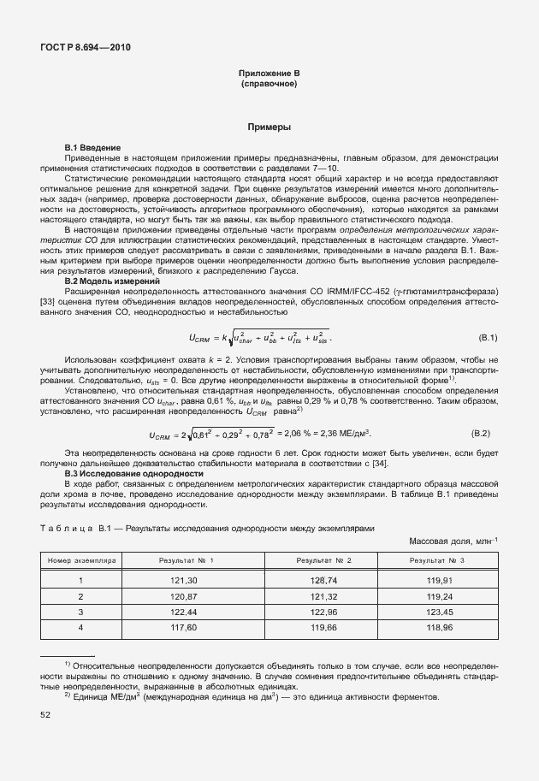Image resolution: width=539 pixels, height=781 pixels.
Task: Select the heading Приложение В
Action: (x=269, y=75)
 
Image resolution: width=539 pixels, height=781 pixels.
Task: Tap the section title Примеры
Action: (x=269, y=127)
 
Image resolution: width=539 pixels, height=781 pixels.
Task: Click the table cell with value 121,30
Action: (x=185, y=580)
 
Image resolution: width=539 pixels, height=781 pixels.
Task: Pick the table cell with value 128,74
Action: (x=323, y=580)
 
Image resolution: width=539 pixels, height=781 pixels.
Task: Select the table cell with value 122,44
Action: (x=185, y=612)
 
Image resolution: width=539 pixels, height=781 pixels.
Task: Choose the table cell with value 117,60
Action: (x=185, y=628)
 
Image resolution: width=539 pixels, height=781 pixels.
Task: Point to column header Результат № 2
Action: (x=323, y=560)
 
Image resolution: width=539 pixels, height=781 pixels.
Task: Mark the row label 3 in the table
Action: (x=80, y=612)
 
